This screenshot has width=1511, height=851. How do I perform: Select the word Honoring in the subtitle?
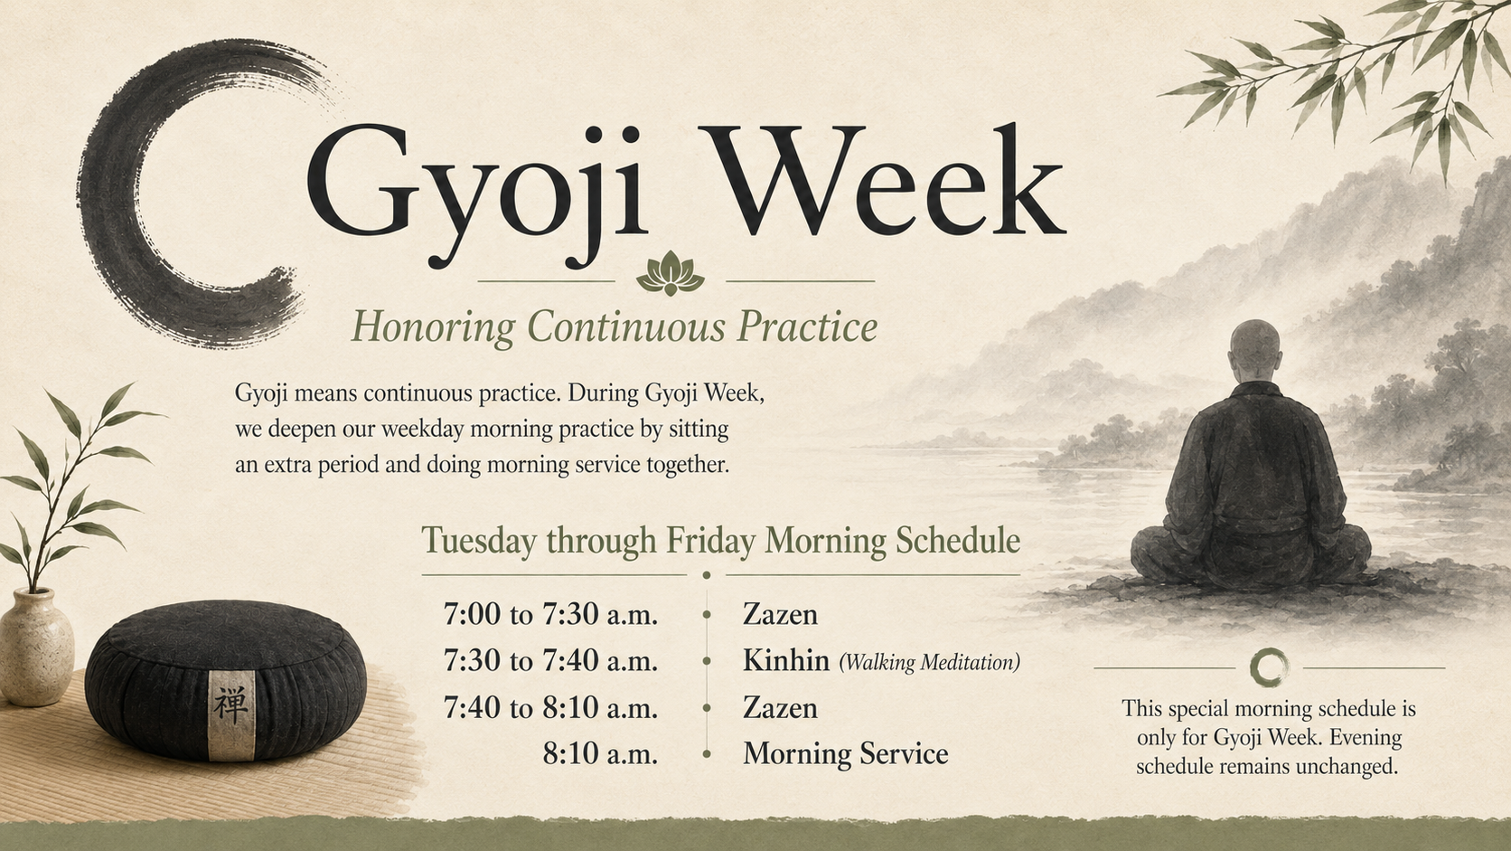point(433,328)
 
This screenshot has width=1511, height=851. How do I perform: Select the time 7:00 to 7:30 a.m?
point(550,614)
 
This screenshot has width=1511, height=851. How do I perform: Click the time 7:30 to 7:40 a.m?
point(550,660)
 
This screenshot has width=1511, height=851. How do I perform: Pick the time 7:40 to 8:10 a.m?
point(550,707)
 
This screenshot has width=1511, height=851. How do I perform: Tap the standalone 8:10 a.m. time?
point(600,753)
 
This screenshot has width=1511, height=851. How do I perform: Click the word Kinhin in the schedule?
point(786,660)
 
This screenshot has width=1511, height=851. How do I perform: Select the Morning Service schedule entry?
point(846,753)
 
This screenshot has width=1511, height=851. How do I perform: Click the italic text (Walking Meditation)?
point(930,662)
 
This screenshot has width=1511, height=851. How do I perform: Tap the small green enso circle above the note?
point(1269,667)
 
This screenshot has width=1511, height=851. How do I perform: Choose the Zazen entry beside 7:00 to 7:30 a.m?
point(781,614)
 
